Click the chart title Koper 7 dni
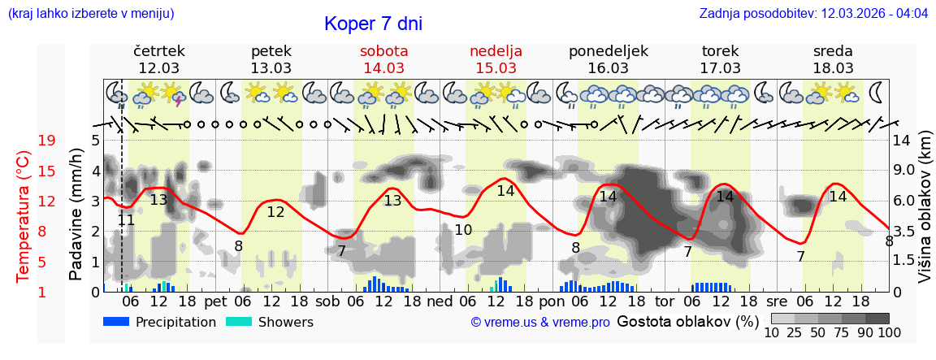pos(373,24)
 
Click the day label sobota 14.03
pos(383,59)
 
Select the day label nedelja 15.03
pos(496,59)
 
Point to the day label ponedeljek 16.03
pos(608,59)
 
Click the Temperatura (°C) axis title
pos(24,217)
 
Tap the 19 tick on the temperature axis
pos(47,141)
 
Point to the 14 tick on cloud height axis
pos(901,141)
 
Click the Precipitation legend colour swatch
pos(117,322)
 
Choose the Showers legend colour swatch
pos(239,322)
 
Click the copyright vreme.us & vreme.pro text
pos(540,323)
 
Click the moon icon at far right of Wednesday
pos(877,90)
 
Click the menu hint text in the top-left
pos(91,14)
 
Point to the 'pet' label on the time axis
pos(215,301)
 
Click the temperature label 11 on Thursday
pos(126,219)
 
